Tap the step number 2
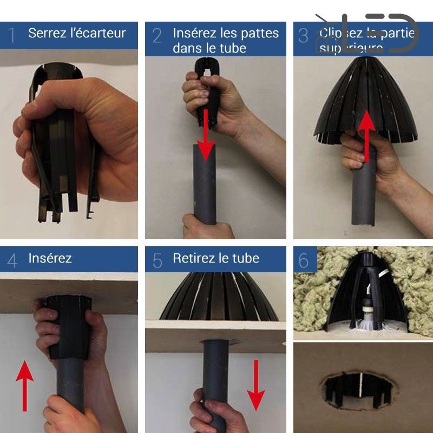[x=157, y=36]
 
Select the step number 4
[x=12, y=261]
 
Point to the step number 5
[x=157, y=261]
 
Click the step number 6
[x=304, y=261]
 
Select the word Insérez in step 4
[x=50, y=258]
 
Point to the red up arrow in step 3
[x=366, y=135]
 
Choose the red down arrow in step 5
[x=256, y=384]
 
